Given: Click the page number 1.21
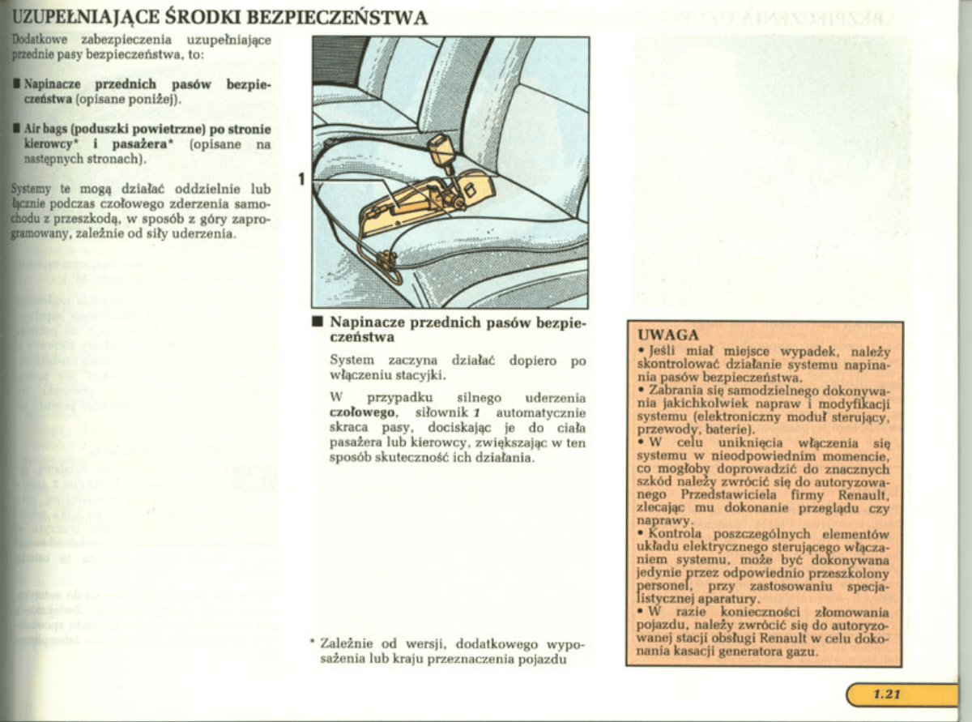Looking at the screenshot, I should coord(887,694).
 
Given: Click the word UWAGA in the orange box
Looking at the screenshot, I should coord(668,335).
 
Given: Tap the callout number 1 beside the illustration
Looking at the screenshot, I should coord(301,178).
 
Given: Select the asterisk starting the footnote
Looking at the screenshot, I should coord(312,642).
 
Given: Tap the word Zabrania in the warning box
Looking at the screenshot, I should coord(676,390).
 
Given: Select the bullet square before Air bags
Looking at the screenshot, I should coord(15,129).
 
